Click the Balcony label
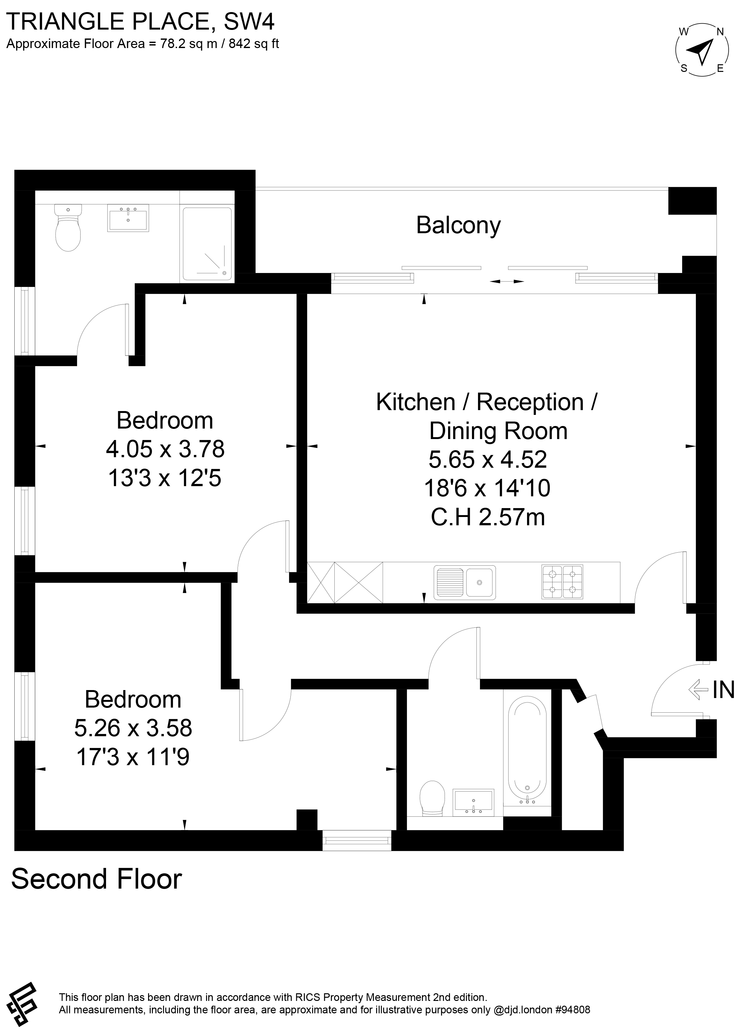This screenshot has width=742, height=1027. point(458,225)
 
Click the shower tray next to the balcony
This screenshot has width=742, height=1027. point(207,244)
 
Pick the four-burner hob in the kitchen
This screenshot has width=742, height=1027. point(562,582)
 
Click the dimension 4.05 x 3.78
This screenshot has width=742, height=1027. point(165,449)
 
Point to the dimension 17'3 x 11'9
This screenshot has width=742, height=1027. point(133,757)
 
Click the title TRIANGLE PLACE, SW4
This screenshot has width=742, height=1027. point(140,21)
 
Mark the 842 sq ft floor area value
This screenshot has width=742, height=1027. point(254,44)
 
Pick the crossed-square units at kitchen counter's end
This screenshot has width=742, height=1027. point(345,582)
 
